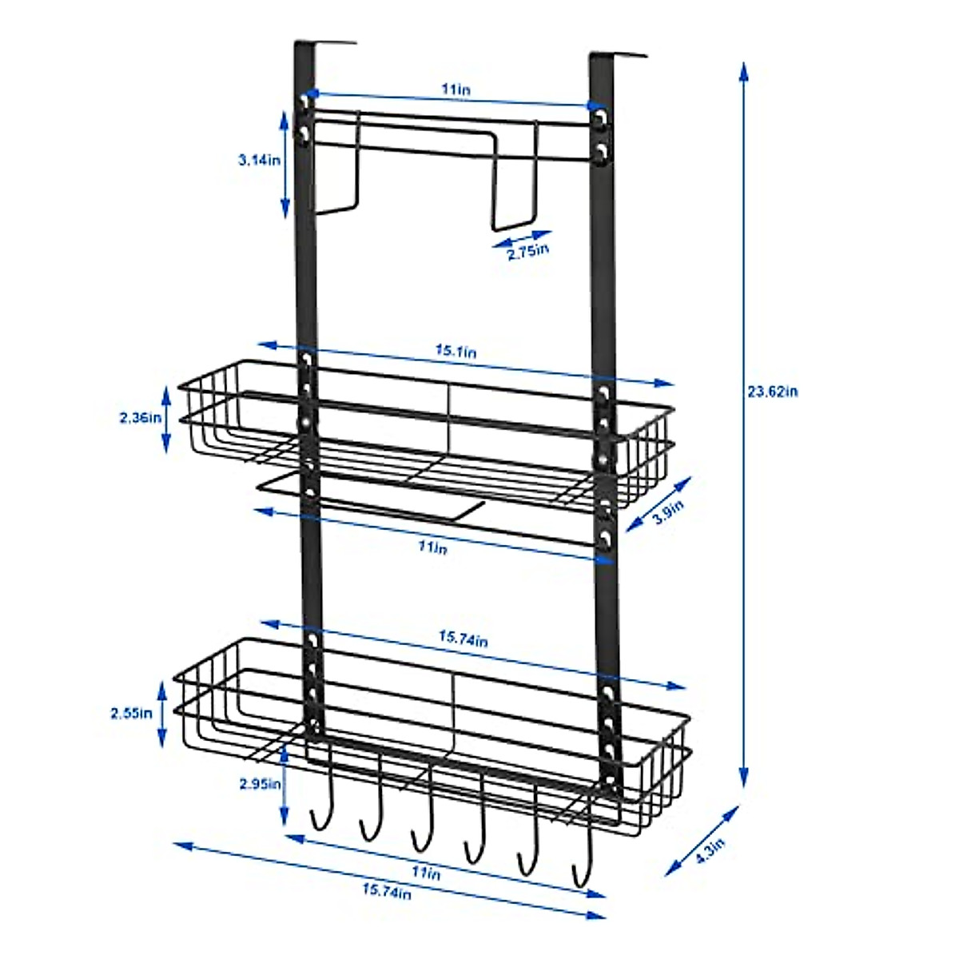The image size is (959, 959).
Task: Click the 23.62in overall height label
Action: (x=772, y=392)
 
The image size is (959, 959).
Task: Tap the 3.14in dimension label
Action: (x=260, y=160)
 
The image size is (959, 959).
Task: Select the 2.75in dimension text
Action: (x=528, y=253)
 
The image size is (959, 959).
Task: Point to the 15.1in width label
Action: (x=456, y=351)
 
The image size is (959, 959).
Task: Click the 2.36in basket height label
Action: (x=140, y=417)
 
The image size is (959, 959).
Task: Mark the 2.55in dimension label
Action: (x=132, y=713)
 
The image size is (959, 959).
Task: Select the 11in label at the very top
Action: (x=456, y=90)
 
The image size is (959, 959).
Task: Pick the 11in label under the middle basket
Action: (x=432, y=548)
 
